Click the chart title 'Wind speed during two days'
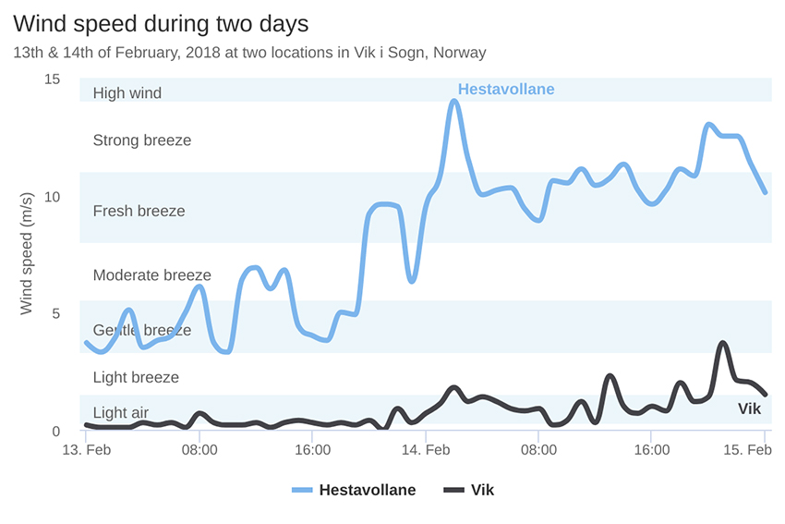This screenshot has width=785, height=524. (x=161, y=22)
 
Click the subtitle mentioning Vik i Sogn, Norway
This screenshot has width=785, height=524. (x=249, y=53)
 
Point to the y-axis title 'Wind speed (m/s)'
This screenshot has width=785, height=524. (x=27, y=253)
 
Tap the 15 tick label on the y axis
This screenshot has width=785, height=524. (x=52, y=79)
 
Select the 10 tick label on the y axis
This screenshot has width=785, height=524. (x=52, y=197)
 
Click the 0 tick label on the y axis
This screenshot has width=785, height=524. (x=55, y=432)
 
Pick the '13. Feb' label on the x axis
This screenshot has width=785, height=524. (x=86, y=450)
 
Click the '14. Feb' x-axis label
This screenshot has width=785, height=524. (x=426, y=450)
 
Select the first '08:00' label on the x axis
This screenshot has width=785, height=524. (x=199, y=450)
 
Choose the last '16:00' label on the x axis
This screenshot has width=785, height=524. (x=652, y=450)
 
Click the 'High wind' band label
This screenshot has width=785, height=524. (x=127, y=93)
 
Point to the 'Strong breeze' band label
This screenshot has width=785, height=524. (x=142, y=140)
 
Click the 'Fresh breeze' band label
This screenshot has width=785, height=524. (x=139, y=211)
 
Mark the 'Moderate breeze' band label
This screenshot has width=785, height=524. (x=152, y=275)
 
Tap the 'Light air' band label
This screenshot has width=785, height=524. (x=121, y=413)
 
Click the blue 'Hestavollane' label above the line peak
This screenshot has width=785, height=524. (x=506, y=90)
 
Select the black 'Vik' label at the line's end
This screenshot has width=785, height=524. (x=749, y=408)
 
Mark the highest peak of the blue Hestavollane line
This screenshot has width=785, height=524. (x=454, y=101)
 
